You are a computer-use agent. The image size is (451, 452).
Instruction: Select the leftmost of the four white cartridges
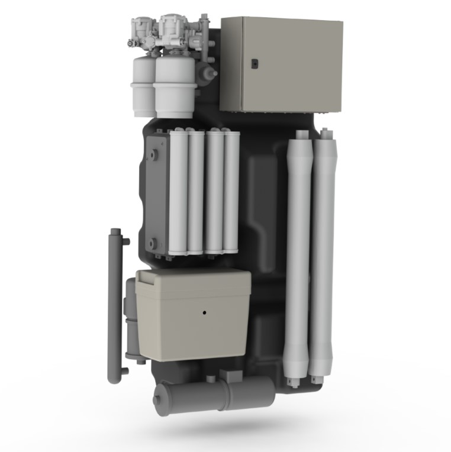178,192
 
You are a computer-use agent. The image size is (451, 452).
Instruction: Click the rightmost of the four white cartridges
231,192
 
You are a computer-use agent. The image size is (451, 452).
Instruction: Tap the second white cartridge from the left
196,192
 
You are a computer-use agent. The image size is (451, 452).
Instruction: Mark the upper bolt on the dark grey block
153,154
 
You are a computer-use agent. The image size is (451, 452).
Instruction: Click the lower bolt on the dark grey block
152,242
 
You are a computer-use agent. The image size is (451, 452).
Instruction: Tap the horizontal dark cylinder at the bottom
213,395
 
